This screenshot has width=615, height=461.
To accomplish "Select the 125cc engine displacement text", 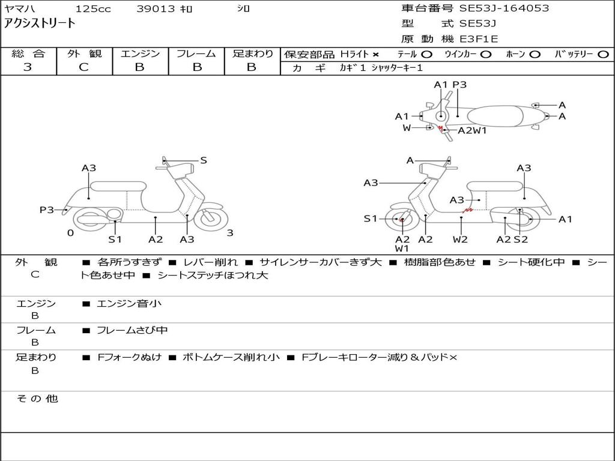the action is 91,9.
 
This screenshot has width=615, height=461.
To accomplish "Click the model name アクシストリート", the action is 40,23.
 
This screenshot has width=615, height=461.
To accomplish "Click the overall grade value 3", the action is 28,67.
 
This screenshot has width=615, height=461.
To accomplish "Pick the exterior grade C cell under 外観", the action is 84,67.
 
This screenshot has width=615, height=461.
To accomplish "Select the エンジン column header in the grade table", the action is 140,54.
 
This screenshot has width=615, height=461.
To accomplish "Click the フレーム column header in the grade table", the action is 196,54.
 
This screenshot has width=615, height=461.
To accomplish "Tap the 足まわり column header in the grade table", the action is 252,54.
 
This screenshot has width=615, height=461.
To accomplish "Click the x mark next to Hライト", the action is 375,55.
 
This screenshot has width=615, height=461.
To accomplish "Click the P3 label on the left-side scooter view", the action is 47,209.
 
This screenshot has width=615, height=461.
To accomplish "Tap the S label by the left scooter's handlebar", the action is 204,160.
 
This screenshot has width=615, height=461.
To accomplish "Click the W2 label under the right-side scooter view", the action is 461,239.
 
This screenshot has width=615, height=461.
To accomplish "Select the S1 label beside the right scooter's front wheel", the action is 371,219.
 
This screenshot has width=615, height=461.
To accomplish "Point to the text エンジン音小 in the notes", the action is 129,304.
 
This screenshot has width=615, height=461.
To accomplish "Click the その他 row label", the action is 37,399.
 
